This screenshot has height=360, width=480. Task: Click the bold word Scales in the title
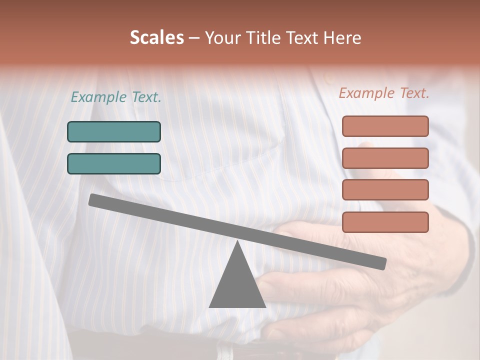coord(157,38)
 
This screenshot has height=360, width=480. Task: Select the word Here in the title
coord(342,38)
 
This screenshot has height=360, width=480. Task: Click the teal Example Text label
coord(116,97)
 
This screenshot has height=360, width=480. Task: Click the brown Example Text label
coord(384,93)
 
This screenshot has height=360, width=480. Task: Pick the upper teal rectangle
coord(114,131)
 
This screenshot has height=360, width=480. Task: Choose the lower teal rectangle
coord(114,163)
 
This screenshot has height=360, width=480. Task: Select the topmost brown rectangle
coord(385,126)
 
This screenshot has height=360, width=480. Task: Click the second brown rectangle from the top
coord(385,158)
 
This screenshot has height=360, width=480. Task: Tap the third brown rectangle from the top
coord(385,190)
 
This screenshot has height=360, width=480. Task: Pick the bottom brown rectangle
coord(385,222)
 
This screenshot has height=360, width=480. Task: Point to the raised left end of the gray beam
coord(93,200)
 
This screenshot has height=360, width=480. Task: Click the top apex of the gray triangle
coord(237,242)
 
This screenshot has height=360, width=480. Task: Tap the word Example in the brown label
coord(366,93)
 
